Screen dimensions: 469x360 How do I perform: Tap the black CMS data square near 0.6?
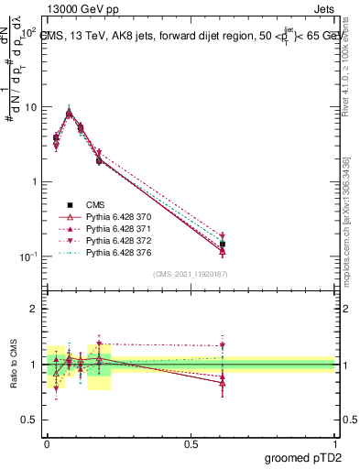click(x=223, y=245)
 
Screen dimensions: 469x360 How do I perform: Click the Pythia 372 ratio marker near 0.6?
click(x=223, y=345)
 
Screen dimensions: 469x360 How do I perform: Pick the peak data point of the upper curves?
click(x=70, y=114)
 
